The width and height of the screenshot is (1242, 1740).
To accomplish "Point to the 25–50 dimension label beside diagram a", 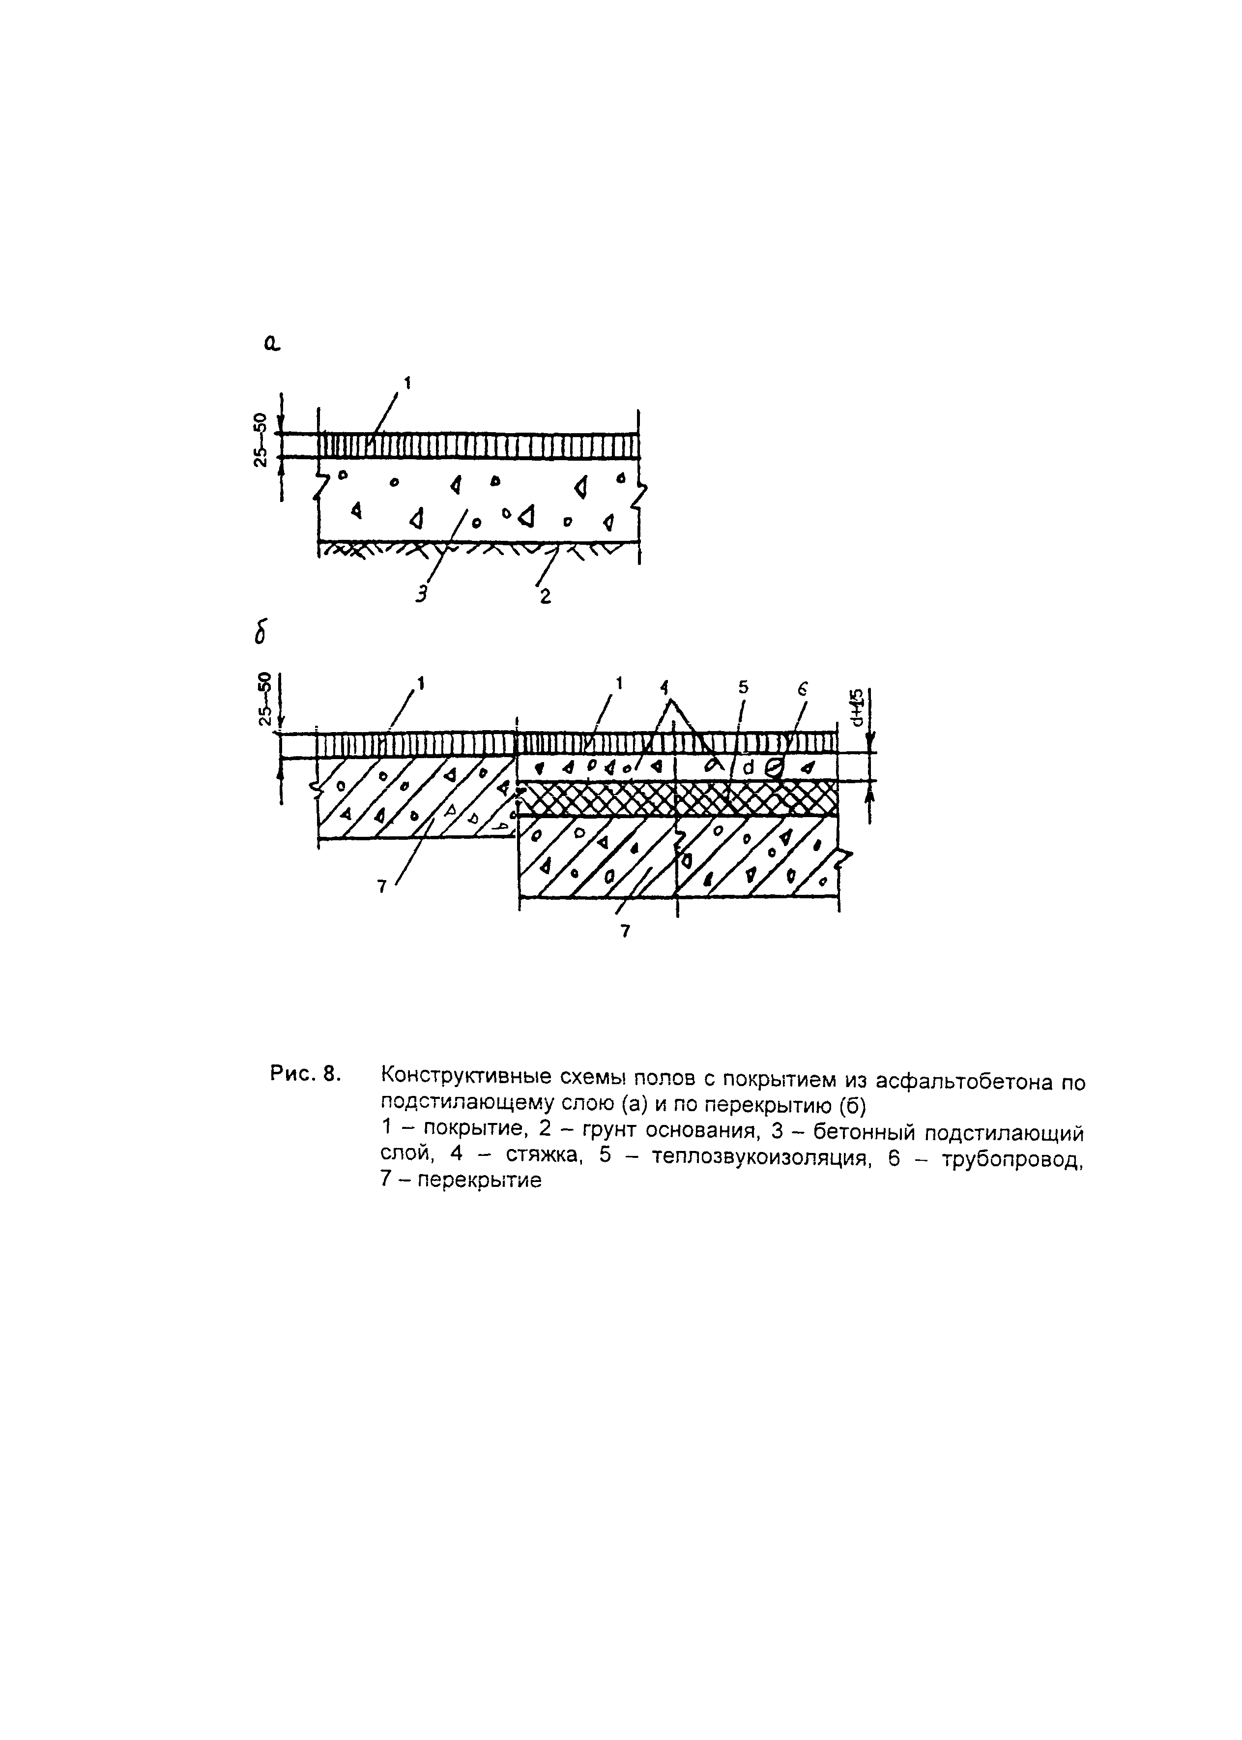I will coord(261,440).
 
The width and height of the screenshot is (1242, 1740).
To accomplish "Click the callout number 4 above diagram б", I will coord(664,687).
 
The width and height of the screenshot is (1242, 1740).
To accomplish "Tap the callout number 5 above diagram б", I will coord(743,687).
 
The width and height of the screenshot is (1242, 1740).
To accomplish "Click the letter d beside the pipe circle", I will coord(748,767).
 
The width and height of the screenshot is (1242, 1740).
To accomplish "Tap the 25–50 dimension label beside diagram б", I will coord(264,698).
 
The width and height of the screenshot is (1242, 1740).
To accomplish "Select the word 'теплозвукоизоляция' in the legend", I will coord(762,1157).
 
